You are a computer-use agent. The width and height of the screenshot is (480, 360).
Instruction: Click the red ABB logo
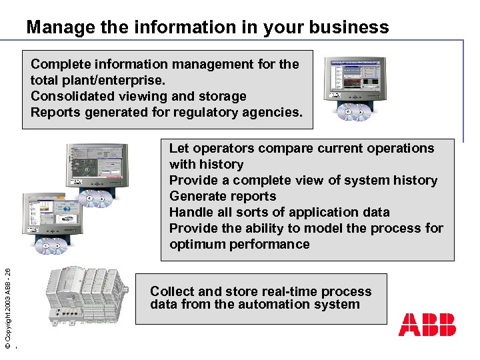427,324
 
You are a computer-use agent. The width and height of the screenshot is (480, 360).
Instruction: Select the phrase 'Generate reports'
223,196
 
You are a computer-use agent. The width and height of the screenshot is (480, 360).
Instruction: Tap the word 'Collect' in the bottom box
172,291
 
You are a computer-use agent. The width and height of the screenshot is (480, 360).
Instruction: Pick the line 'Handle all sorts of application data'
279,212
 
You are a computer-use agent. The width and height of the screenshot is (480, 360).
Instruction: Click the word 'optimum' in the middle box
197,244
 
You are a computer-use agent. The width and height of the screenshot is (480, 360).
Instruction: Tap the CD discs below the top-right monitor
354,113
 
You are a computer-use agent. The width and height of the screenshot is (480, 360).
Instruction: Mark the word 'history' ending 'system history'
413,180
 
